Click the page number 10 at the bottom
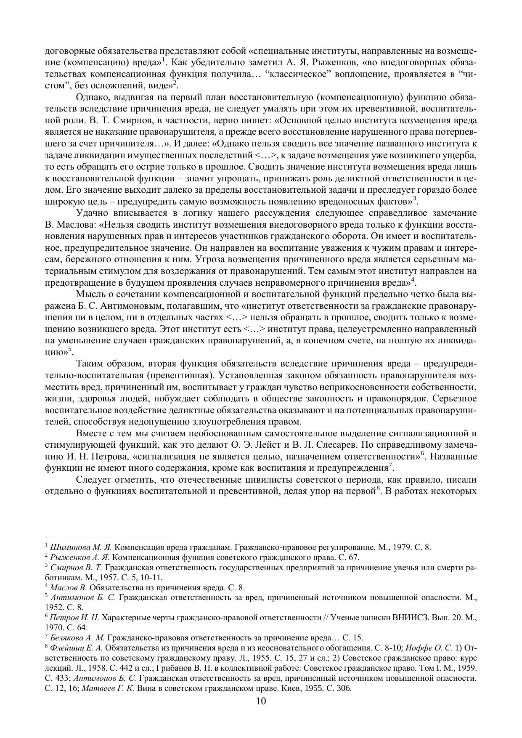click(x=261, y=701)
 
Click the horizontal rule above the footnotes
click(x=108, y=537)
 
